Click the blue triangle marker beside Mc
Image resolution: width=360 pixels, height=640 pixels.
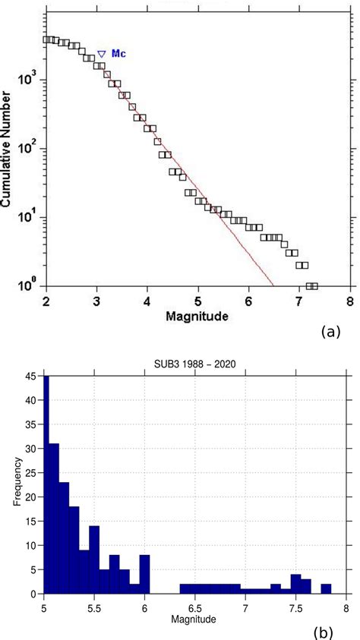(101, 54)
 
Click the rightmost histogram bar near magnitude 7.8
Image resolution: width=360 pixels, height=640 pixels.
(326, 588)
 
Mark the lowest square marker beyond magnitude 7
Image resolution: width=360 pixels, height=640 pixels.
(311, 286)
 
